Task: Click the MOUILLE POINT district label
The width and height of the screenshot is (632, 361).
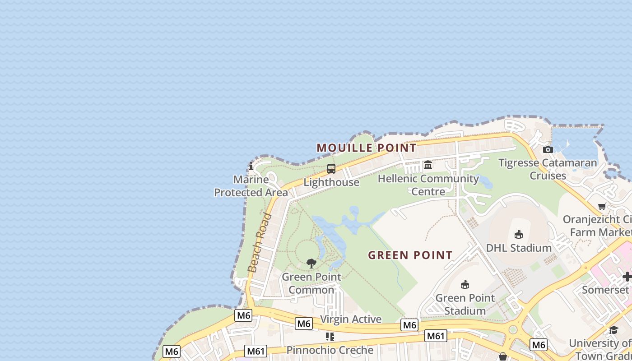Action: click(x=366, y=148)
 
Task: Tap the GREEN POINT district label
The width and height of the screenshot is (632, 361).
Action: click(x=410, y=255)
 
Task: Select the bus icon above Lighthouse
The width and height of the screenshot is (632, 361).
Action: click(x=331, y=169)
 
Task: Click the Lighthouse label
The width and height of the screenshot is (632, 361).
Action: click(x=331, y=182)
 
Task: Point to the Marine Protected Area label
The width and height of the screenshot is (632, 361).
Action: click(x=251, y=186)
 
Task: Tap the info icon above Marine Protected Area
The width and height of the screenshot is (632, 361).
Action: click(x=251, y=166)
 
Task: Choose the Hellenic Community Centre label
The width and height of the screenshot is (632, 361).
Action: click(x=428, y=185)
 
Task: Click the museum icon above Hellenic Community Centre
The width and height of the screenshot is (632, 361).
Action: click(x=428, y=165)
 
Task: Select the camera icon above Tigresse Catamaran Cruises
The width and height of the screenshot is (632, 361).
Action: click(x=548, y=149)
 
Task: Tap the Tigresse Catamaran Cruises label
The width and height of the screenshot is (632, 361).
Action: click(x=548, y=169)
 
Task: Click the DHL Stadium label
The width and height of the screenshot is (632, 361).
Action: click(x=519, y=248)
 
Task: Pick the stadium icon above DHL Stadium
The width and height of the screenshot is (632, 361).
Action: click(x=519, y=235)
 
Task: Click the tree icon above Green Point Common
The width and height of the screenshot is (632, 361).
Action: click(x=311, y=264)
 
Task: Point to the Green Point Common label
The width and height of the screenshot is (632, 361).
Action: click(x=311, y=283)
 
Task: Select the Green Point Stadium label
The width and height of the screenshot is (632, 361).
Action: click(x=465, y=304)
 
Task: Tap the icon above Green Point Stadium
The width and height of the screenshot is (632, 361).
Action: click(x=465, y=284)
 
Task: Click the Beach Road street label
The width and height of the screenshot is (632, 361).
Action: click(x=260, y=242)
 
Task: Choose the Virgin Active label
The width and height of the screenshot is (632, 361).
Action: click(x=351, y=319)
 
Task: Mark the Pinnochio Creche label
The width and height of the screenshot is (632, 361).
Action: click(x=330, y=350)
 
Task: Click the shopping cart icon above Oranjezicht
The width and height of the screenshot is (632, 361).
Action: click(x=602, y=207)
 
